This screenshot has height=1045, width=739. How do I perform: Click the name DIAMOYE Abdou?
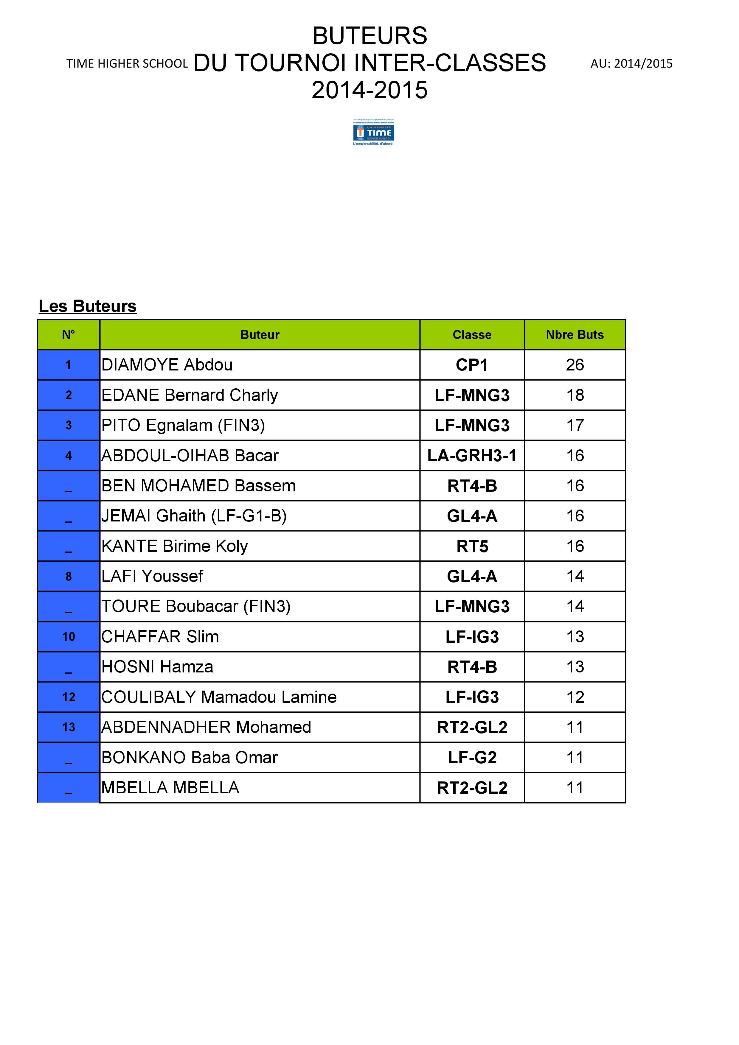[x=167, y=365]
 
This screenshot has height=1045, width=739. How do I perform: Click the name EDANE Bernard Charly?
[x=190, y=395]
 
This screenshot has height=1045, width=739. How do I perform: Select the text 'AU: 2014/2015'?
[x=631, y=64]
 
